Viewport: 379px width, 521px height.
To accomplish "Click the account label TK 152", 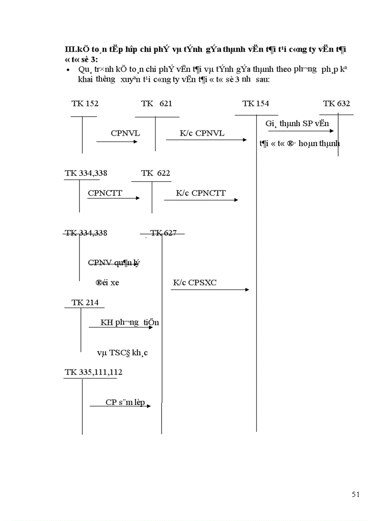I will (85, 103).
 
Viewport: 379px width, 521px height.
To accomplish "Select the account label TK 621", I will (157, 103).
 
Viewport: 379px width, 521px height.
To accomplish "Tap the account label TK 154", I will (255, 103).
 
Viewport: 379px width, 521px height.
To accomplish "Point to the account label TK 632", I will (337, 103).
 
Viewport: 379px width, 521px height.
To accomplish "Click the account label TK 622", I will (156, 173).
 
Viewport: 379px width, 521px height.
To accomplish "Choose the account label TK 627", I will (163, 233).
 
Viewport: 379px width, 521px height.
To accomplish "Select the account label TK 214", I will (85, 302).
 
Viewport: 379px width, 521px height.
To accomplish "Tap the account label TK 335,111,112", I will (94, 372).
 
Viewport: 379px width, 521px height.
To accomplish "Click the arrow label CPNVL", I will (125, 133).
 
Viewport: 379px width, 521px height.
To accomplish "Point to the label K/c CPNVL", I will (202, 133).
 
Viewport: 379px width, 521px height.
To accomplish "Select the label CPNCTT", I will (105, 193).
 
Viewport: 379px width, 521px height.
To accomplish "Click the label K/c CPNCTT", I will (201, 193).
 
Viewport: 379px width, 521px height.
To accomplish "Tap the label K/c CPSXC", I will (195, 282).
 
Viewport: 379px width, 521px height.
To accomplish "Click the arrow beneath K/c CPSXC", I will (210, 290).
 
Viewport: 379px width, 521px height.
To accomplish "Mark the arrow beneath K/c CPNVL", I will (207, 139).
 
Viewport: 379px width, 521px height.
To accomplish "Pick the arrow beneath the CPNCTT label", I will (114, 198).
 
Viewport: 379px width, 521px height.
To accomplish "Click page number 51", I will (356, 494).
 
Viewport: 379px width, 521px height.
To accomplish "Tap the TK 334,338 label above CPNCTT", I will (86, 173).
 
